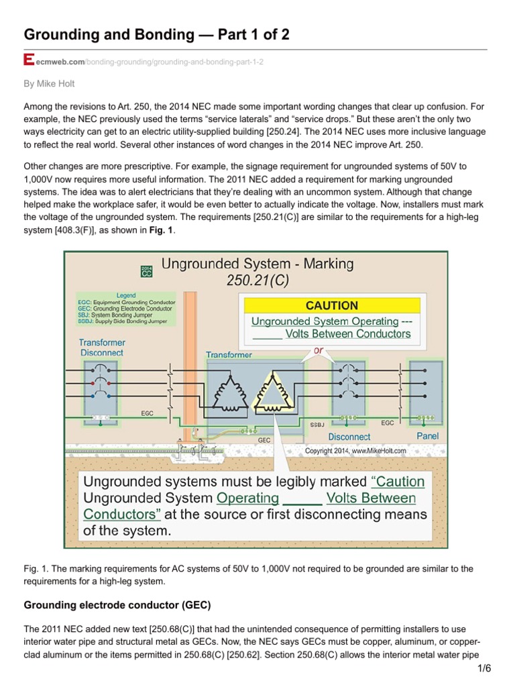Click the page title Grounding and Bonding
coord(156,34)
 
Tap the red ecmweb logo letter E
coord(28,61)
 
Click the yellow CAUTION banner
coord(332,305)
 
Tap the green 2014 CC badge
coord(146,272)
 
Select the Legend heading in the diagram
coord(125,295)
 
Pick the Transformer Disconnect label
coord(102,347)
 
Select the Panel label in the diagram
coord(428,435)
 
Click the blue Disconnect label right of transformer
coord(349,437)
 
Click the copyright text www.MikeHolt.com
coord(355,451)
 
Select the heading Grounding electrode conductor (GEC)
coord(117,604)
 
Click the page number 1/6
coord(484,668)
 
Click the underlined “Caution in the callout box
coord(398,481)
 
